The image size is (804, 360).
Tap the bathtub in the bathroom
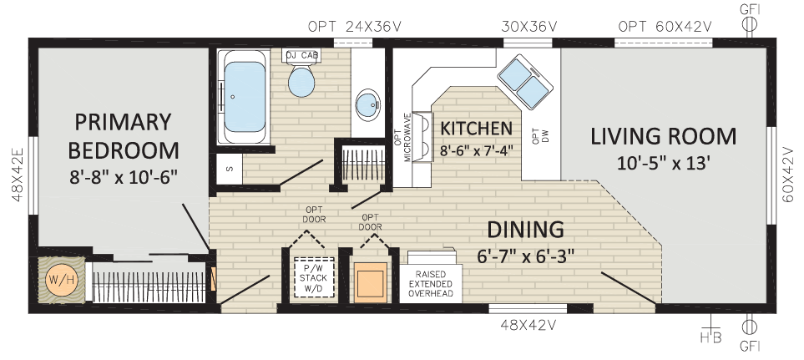245,96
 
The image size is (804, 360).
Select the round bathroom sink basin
368,105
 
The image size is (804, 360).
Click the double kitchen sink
524,82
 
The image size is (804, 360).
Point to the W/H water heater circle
61,280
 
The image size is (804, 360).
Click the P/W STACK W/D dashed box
314,277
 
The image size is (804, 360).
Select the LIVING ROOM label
664,136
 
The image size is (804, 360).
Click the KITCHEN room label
477,128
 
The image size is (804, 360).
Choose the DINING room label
525,229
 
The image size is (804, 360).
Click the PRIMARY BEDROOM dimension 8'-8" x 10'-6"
124,177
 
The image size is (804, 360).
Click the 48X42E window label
18,175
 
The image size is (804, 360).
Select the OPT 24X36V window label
355,27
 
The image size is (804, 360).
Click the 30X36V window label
529,27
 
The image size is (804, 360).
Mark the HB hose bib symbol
710,328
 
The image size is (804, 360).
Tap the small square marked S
228,168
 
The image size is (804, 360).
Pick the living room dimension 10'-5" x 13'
664,164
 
